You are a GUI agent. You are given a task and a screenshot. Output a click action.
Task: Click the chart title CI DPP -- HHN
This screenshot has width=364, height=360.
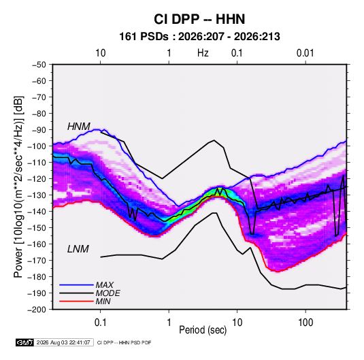(x=199, y=19)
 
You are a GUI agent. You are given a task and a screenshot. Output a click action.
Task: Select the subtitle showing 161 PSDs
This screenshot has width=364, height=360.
(x=199, y=37)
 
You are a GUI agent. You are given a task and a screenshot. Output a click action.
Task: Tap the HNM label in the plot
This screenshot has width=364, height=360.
(x=79, y=127)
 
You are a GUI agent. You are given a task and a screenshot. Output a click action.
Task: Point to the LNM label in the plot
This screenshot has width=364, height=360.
(x=78, y=249)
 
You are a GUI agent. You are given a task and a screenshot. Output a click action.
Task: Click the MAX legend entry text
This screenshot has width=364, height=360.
(x=105, y=285)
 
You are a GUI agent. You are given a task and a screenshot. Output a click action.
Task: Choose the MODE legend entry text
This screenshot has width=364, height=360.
(x=107, y=293)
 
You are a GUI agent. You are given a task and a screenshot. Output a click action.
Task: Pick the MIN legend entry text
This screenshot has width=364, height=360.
(x=103, y=301)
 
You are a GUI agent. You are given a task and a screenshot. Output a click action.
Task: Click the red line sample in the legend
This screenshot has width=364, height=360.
(x=76, y=301)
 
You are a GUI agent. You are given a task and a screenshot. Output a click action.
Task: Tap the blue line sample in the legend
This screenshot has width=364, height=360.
(x=76, y=284)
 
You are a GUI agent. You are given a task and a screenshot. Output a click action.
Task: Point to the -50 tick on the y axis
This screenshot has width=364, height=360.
(x=39, y=65)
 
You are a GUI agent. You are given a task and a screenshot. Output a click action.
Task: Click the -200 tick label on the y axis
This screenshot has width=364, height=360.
(x=37, y=310)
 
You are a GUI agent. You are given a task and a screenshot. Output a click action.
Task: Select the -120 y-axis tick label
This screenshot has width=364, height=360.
(x=37, y=179)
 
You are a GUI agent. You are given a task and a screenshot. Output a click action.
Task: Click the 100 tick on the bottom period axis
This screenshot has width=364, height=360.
(x=305, y=323)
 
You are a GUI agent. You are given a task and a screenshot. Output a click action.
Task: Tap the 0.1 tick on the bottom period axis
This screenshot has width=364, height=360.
(x=100, y=323)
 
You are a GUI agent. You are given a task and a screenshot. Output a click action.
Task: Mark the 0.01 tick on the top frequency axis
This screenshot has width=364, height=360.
(x=305, y=53)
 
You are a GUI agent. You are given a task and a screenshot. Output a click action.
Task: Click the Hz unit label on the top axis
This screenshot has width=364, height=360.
(x=203, y=53)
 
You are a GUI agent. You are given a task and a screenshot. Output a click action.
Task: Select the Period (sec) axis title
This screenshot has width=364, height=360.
(x=203, y=330)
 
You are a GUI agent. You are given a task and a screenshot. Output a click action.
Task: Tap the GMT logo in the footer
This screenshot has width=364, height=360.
(x=25, y=342)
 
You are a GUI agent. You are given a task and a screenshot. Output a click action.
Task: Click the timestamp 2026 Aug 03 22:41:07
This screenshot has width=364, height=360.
(x=63, y=342)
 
